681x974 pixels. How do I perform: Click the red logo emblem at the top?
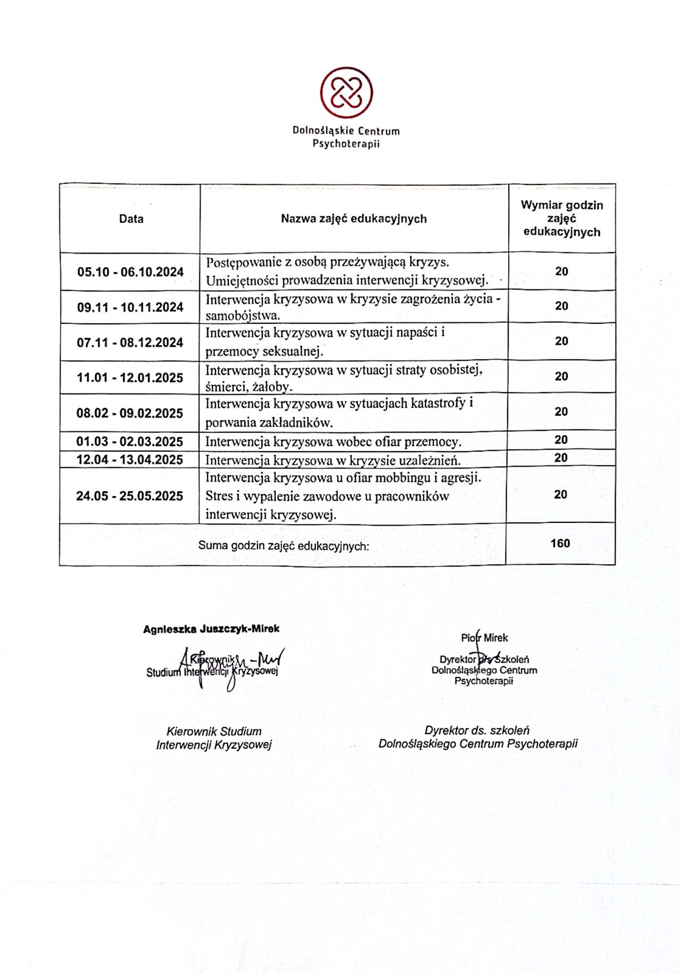click(346, 93)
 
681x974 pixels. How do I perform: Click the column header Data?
click(131, 219)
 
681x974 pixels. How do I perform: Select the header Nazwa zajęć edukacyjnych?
click(354, 219)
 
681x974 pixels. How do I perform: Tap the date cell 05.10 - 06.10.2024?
click(130, 272)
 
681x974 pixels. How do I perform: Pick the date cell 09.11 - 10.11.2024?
click(130, 307)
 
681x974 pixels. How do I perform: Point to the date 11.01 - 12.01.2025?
click(130, 378)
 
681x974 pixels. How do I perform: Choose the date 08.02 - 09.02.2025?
click(130, 413)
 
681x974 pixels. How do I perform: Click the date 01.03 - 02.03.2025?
click(130, 442)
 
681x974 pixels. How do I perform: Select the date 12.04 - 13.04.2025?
click(130, 460)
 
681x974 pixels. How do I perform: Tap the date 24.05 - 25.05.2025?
click(130, 496)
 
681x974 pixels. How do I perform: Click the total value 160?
click(560, 543)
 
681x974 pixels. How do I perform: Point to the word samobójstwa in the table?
click(242, 315)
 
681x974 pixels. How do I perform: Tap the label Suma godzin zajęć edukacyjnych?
click(284, 546)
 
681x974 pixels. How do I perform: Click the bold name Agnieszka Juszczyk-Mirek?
click(211, 629)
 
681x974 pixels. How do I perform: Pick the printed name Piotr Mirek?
click(484, 638)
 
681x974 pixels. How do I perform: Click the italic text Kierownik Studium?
click(214, 731)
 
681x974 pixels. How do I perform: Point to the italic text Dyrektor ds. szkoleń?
click(477, 730)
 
